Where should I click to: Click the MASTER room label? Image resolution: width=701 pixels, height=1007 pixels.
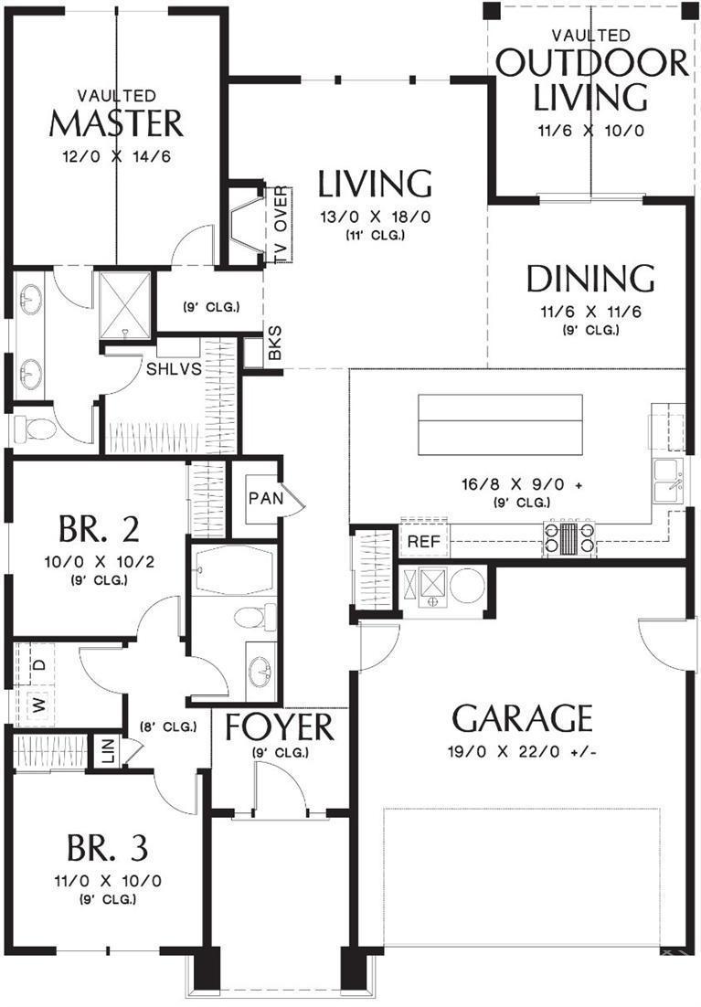[115, 122]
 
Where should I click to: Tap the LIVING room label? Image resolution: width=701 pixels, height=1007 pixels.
[375, 184]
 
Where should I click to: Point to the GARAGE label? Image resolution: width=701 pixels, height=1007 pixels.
[522, 719]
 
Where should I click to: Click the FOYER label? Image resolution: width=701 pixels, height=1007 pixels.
[280, 728]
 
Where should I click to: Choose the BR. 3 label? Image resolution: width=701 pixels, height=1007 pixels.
[107, 849]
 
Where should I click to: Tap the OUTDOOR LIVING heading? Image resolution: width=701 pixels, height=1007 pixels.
[591, 79]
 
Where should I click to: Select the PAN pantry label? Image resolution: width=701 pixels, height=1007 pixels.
[263, 498]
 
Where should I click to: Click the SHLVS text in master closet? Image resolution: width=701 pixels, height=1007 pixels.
[175, 369]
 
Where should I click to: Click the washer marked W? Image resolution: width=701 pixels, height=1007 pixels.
[40, 706]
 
